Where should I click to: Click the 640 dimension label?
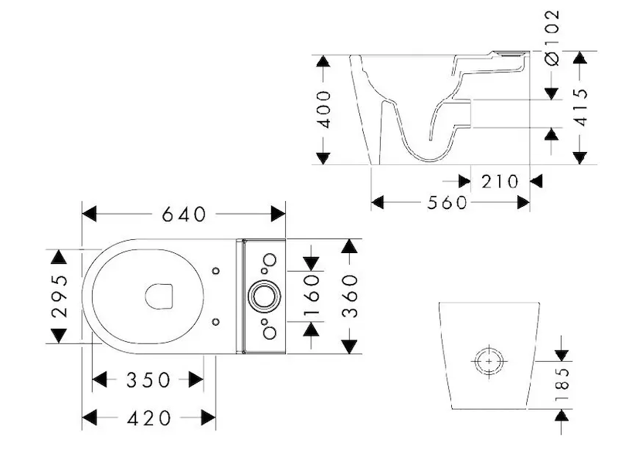point(184,215)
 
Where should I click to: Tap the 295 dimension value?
point(59,296)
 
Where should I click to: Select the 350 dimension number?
point(148,380)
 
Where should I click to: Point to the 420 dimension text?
point(149,418)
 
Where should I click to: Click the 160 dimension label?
point(311,296)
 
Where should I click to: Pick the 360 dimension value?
point(350,296)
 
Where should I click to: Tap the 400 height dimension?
point(324,110)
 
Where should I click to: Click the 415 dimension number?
point(581,106)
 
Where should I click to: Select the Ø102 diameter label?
point(552,37)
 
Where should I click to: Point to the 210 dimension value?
point(500,181)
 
